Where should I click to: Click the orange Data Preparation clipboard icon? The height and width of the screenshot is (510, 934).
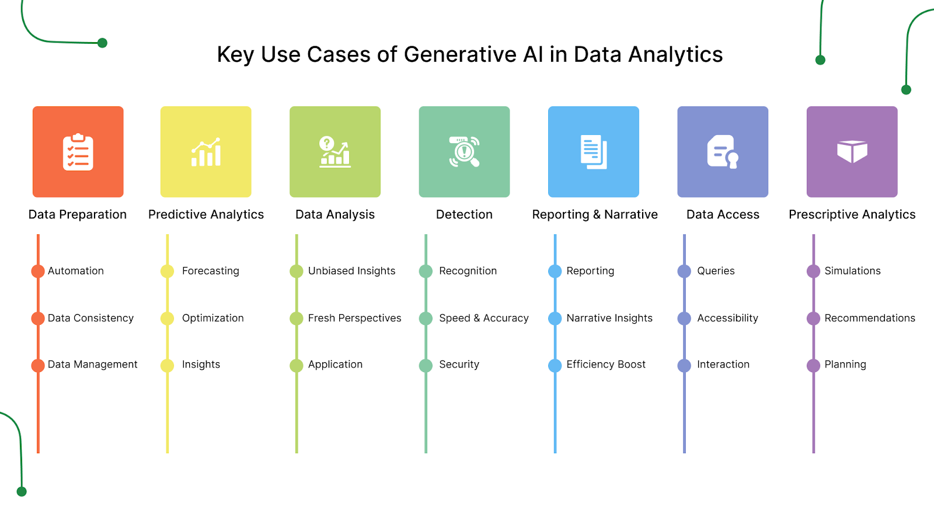[x=78, y=152]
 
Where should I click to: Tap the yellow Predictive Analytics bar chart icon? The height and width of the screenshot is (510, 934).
[x=206, y=152]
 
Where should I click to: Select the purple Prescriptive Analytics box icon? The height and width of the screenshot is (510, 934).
[x=852, y=152]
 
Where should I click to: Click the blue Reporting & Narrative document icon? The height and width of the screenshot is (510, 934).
[x=594, y=152]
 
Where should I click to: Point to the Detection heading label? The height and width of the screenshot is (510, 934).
[x=464, y=214]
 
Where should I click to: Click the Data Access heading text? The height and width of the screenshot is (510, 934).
[x=723, y=214]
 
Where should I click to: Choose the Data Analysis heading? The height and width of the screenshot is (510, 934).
[x=335, y=214]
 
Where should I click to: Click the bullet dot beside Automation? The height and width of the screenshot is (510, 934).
[x=38, y=271]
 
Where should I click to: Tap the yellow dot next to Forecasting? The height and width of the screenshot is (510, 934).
[x=168, y=271]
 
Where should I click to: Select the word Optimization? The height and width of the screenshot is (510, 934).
[x=212, y=318]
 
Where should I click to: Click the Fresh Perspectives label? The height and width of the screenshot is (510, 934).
[x=354, y=318]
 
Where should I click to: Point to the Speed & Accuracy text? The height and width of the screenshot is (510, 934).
[x=483, y=318]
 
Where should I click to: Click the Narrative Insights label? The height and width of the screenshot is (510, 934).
[x=609, y=318]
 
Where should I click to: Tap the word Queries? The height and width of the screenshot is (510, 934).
[x=716, y=271]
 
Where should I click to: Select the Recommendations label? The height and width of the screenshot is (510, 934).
[x=869, y=318]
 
